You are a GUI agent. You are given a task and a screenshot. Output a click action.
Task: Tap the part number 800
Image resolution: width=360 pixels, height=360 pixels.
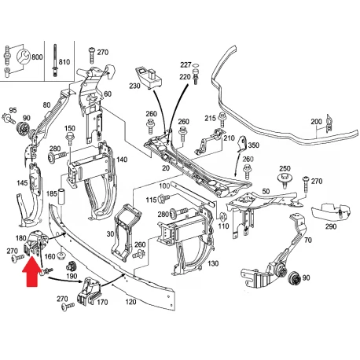pos(37,57)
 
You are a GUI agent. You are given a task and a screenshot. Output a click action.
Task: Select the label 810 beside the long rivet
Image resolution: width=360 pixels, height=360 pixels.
pos(64,62)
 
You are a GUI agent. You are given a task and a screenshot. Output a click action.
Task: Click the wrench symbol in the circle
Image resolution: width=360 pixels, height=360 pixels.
pos(23,57)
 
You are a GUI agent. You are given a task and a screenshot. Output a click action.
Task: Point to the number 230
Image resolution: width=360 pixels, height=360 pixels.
pos(134,86)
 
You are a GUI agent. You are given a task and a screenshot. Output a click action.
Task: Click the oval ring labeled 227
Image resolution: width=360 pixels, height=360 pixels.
pos(196,64)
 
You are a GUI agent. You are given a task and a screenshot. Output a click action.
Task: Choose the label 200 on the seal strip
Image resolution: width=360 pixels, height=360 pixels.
pos(316,122)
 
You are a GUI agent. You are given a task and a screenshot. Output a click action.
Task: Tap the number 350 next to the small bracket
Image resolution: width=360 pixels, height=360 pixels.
pos(253,145)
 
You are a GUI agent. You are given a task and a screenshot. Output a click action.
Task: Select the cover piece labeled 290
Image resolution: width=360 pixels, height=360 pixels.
pos(331,211)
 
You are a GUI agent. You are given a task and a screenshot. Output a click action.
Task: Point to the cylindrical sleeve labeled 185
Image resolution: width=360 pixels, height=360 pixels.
pos(61,197)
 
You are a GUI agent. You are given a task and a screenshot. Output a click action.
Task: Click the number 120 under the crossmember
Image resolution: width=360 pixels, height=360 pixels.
pos(130,302)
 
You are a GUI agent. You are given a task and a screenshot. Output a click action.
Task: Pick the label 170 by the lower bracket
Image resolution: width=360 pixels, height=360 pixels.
pos(102,303)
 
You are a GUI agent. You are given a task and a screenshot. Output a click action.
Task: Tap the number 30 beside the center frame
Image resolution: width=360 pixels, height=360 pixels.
pos(110,234)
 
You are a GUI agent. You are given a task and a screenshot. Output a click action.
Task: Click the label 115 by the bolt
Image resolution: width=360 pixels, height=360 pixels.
pos(151,200)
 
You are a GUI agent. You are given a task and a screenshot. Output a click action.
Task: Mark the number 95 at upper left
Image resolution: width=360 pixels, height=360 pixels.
pos(13,110)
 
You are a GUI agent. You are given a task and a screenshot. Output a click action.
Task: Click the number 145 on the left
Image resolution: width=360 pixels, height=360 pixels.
pos(22,183)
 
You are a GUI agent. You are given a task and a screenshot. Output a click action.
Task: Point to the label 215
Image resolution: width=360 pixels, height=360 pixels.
pos(210,118)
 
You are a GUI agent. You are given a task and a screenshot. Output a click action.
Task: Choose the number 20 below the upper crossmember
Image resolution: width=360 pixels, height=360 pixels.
pos(166,168)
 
